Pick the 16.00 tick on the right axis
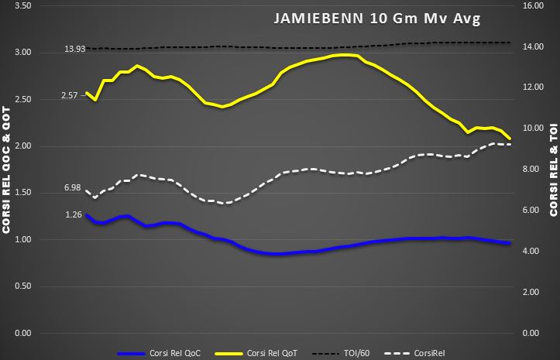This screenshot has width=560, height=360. click(x=534, y=5)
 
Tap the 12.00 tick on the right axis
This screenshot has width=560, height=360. click(x=534, y=87)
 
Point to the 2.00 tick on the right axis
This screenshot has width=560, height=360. click(x=534, y=292)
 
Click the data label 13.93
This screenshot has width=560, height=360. click(x=74, y=49)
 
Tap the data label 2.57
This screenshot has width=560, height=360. click(x=71, y=95)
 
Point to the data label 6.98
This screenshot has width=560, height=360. click(x=72, y=188)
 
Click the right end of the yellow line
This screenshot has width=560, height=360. click(x=510, y=139)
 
